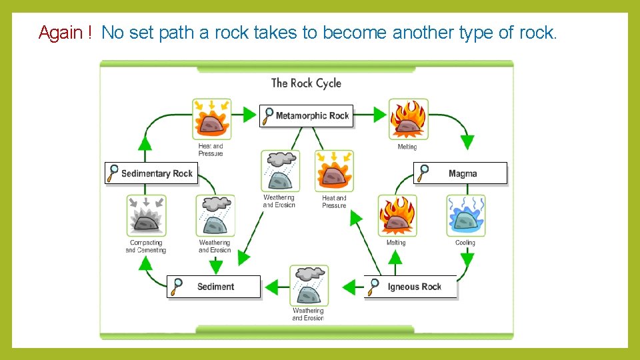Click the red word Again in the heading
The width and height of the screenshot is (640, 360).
click(60, 33)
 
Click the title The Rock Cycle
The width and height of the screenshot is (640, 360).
click(306, 83)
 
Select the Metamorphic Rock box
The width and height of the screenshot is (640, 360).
click(307, 116)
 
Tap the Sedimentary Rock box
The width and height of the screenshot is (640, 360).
click(150, 173)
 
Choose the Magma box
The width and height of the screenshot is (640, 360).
click(461, 173)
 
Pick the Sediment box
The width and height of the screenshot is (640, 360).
click(213, 287)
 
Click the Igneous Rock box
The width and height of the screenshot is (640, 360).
click(411, 287)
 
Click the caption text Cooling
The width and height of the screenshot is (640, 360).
click(465, 243)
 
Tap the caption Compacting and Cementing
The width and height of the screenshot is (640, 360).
click(146, 247)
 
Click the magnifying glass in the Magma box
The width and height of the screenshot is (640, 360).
click(423, 173)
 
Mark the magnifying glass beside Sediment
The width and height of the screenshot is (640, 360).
click(177, 287)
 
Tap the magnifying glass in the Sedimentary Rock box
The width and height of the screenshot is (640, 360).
click(113, 173)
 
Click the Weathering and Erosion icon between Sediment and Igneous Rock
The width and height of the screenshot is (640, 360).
click(309, 285)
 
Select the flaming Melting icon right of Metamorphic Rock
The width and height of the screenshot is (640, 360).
click(408, 119)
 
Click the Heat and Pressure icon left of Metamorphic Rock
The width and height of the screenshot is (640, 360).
click(211, 119)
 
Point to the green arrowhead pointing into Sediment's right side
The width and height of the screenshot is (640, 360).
click(271, 287)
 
